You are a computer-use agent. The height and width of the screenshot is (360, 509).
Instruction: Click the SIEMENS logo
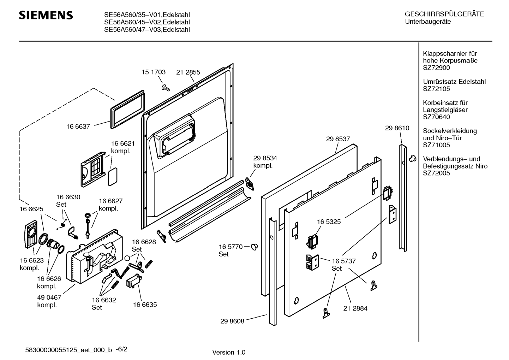[x=46, y=15]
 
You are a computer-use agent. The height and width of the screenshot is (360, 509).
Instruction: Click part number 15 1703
[x=154, y=72]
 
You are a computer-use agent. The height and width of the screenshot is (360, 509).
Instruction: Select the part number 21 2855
[x=188, y=72]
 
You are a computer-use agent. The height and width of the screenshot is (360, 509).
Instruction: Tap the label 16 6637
[x=78, y=126]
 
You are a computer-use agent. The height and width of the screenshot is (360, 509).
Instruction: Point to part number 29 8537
[x=338, y=139]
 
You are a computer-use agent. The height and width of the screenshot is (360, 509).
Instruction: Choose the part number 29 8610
[x=397, y=128]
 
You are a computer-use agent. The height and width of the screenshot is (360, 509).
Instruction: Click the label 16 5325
[x=329, y=222]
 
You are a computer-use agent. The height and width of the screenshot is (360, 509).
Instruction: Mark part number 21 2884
[x=355, y=308]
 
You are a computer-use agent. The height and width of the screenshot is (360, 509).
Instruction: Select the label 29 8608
[x=232, y=321]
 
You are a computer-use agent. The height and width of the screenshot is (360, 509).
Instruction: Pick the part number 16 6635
[x=145, y=305]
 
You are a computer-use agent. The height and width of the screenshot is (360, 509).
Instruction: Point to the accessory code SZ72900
[x=436, y=67]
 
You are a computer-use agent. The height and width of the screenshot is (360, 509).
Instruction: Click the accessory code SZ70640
[x=436, y=117]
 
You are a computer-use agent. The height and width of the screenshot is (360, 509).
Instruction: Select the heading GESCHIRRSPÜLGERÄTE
[x=444, y=14]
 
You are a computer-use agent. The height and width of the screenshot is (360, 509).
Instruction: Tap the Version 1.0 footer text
[x=229, y=352]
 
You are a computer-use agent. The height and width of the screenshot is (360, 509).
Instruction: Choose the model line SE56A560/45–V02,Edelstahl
[x=147, y=22]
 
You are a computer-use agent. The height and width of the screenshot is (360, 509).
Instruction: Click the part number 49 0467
[x=49, y=298]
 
